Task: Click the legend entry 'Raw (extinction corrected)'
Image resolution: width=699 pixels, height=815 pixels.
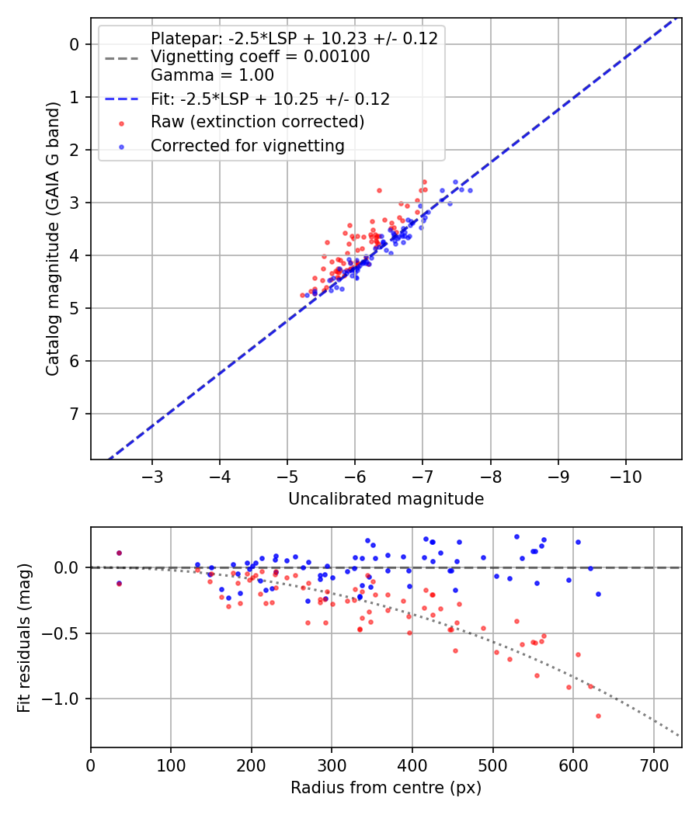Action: (x=257, y=122)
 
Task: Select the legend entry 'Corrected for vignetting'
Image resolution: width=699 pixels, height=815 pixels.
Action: (x=247, y=145)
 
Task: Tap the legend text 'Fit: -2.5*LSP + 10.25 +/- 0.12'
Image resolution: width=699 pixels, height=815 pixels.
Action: (x=270, y=99)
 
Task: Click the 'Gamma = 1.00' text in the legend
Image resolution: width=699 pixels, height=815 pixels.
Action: (x=212, y=75)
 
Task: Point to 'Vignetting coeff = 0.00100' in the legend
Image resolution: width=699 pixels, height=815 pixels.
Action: (x=260, y=57)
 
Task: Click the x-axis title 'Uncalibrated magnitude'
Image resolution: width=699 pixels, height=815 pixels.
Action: (x=386, y=499)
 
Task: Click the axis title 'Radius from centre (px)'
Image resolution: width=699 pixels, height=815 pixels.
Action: (x=386, y=788)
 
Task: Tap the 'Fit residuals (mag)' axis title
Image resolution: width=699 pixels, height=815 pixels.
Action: (x=24, y=638)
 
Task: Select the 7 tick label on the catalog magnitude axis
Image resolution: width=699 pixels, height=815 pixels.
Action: (x=75, y=414)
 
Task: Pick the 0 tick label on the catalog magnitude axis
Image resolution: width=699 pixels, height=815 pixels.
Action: (x=75, y=44)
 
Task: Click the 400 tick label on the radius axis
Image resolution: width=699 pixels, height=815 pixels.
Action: (x=412, y=764)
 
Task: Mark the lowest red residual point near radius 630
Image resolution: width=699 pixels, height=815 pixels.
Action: (x=598, y=716)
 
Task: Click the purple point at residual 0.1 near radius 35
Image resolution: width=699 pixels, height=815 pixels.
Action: (x=119, y=553)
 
